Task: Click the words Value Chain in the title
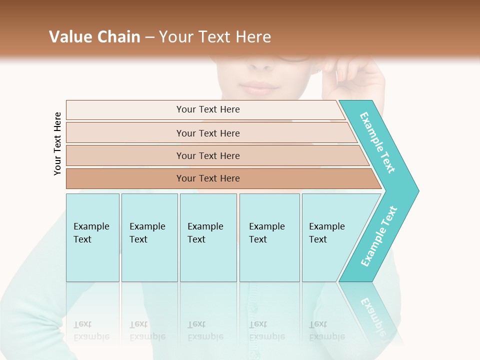[94, 36]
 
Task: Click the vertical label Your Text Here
[57, 143]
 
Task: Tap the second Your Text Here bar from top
[207, 133]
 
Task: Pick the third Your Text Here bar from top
[207, 155]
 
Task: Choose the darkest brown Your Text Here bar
[207, 178]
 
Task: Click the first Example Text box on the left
[92, 237]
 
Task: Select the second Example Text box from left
[149, 237]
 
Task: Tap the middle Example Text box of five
[208, 237]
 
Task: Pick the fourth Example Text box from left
[269, 237]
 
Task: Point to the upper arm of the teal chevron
[378, 142]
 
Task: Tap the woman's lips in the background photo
[259, 89]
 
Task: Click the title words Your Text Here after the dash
[215, 36]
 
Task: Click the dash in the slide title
[149, 37]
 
